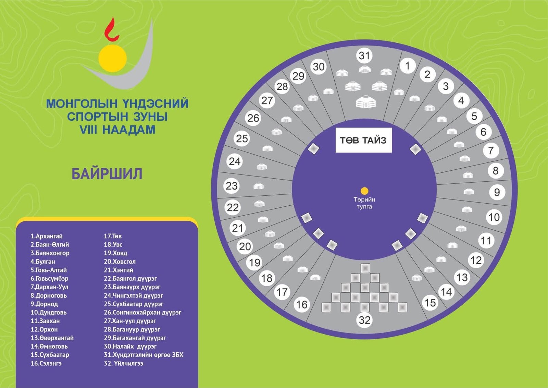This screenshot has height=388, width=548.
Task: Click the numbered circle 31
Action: click(364, 56)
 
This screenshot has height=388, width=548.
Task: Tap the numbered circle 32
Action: click(364, 320)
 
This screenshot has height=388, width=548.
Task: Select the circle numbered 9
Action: click(497, 192)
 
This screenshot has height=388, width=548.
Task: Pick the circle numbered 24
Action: click(235, 161)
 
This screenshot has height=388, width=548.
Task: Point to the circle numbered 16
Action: click(302, 304)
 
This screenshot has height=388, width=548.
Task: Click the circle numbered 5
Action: click(474, 116)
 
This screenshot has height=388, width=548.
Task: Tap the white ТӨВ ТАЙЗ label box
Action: click(363, 140)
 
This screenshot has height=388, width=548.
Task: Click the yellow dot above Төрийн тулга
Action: click(364, 191)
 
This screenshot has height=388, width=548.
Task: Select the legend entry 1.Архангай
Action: click(47, 236)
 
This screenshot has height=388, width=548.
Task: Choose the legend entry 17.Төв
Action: click(113, 236)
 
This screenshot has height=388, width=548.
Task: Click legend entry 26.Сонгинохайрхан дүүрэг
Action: click(142, 313)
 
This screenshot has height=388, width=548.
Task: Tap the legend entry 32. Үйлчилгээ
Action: click(124, 363)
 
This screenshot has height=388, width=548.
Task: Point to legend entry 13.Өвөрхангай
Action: click(52, 338)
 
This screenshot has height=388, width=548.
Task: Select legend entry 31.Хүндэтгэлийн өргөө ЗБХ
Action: click(144, 355)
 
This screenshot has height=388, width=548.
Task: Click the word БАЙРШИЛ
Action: click(107, 174)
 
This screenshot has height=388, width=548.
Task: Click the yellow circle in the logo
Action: click(113, 58)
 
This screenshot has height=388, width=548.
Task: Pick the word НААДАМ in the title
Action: click(129, 130)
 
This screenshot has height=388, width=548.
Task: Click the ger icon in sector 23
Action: click(259, 186)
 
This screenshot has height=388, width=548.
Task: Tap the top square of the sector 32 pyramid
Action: click(365, 268)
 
